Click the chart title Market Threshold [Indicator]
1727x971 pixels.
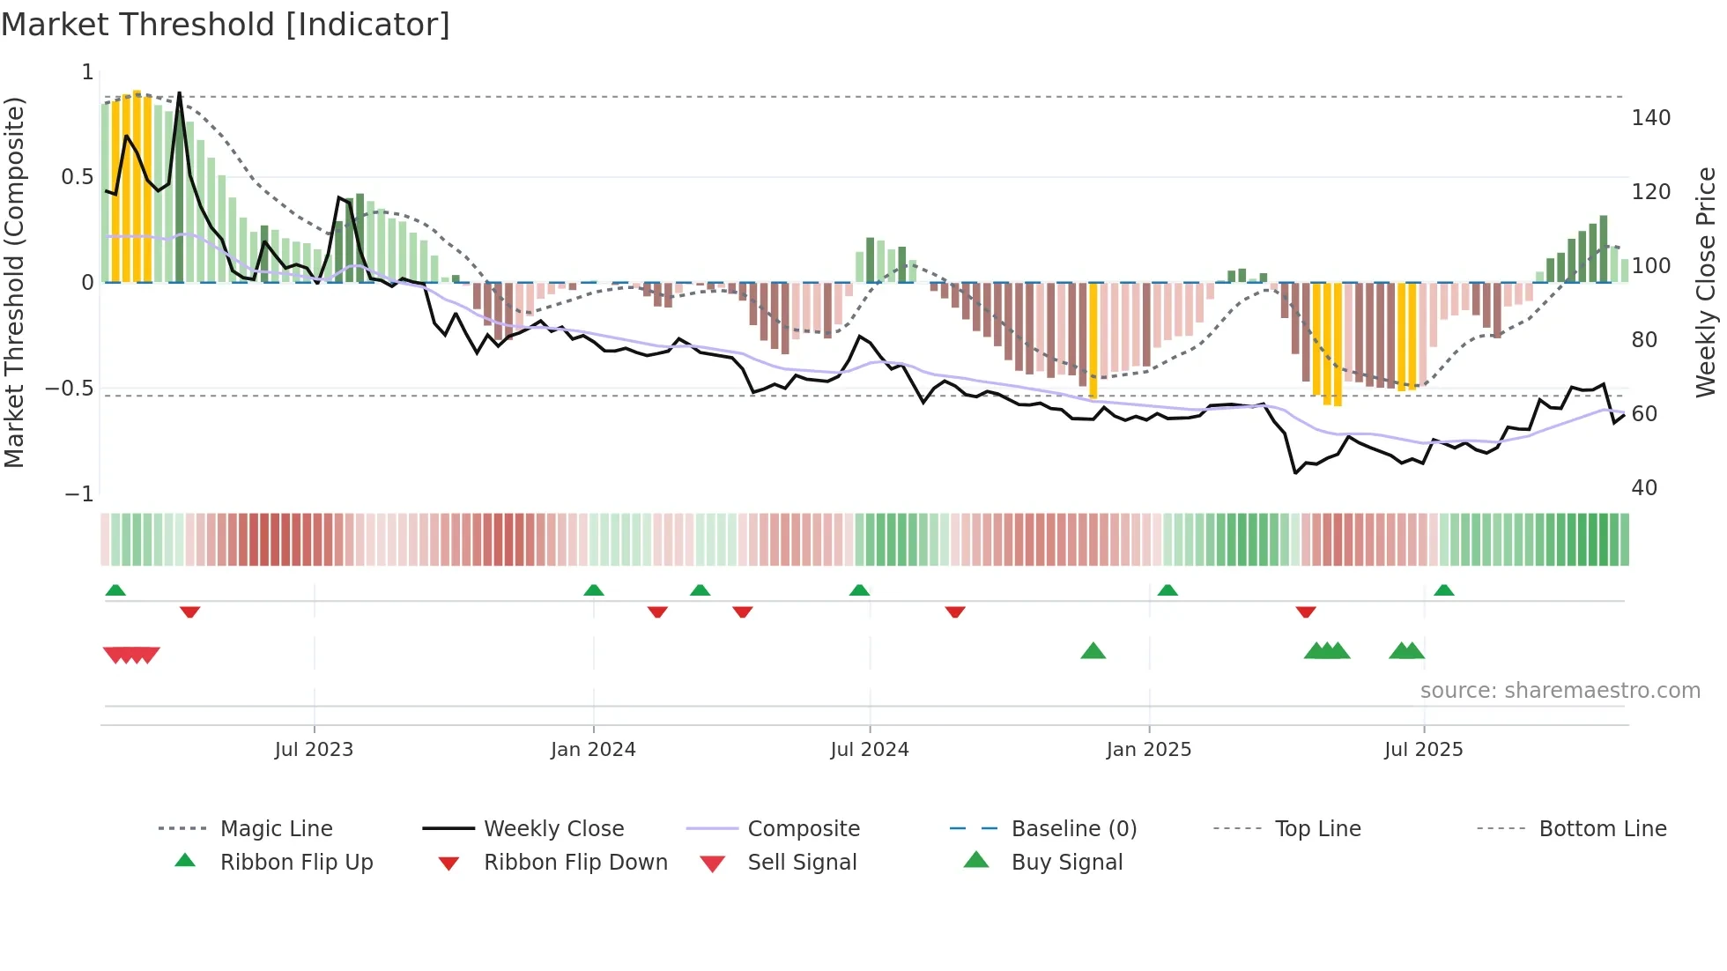coord(226,25)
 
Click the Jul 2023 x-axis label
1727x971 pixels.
coord(314,750)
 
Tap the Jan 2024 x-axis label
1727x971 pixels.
coord(593,750)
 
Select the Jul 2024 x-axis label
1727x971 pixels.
coord(870,750)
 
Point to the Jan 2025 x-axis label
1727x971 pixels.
coord(1149,750)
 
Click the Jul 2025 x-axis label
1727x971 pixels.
coord(1424,750)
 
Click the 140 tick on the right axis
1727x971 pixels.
coord(1650,118)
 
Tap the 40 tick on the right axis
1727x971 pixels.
coord(1644,488)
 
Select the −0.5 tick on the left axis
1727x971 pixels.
coord(70,389)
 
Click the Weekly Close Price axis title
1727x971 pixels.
coord(1706,282)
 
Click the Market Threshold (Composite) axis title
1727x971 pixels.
coord(14,282)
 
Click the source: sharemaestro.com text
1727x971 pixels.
coord(1560,691)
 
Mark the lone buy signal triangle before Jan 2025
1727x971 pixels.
coord(1093,651)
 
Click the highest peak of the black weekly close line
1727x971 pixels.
coord(180,93)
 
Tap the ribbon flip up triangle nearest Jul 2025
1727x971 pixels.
coord(1443,590)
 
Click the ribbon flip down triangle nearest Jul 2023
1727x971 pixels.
coord(189,612)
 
